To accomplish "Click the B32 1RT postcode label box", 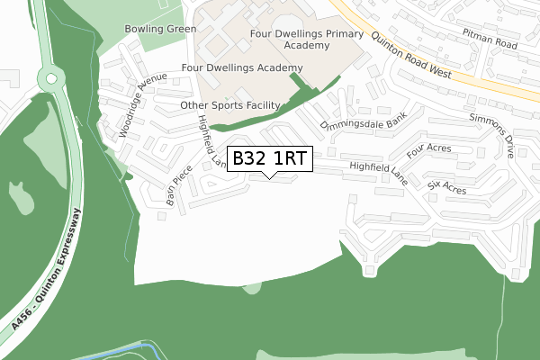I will [x=270, y=158].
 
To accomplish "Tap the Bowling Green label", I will [x=161, y=29].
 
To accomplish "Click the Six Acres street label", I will [x=446, y=187].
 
